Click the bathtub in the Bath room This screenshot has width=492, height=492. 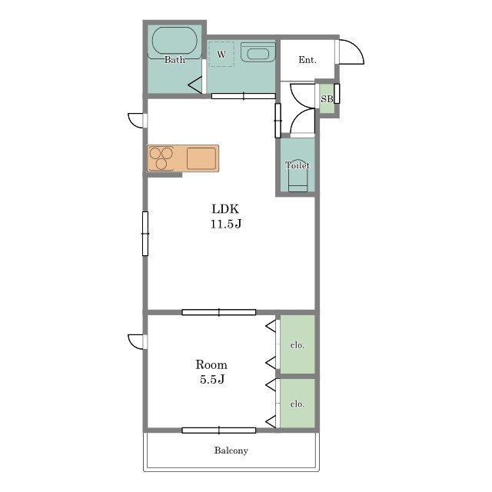[x=175, y=43]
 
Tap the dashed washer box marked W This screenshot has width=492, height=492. [x=221, y=54]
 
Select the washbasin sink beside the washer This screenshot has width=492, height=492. [x=258, y=52]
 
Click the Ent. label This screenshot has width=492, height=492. [x=307, y=60]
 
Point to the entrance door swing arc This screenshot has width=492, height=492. [x=357, y=47]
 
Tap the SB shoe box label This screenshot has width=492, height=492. [x=327, y=99]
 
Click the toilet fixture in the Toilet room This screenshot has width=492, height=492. [x=298, y=176]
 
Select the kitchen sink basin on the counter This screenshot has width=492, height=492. [x=201, y=158]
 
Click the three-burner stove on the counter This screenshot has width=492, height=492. [x=161, y=158]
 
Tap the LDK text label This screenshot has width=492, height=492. [x=225, y=209]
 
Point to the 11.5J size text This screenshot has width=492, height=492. [x=225, y=224]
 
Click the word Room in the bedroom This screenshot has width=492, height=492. [x=211, y=364]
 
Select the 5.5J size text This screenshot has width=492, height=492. [x=212, y=379]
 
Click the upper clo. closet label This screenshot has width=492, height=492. [x=298, y=345]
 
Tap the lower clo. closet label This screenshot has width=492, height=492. [x=298, y=404]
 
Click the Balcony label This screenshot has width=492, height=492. [x=231, y=450]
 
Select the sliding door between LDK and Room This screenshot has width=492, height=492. [x=219, y=312]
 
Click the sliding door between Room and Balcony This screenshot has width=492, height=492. [x=219, y=430]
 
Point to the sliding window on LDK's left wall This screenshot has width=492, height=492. [x=145, y=234]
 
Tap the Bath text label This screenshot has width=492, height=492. [x=175, y=60]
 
